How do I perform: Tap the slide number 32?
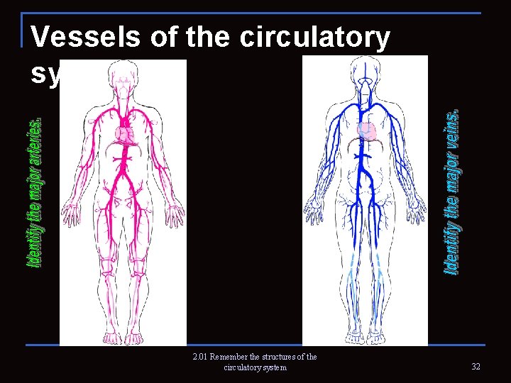475,366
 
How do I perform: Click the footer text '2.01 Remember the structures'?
254,357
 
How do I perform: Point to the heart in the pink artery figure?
123,134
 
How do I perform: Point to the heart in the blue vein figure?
367,132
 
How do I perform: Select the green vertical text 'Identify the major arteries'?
34,191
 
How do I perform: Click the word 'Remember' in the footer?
232,357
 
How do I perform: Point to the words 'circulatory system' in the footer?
255,367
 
